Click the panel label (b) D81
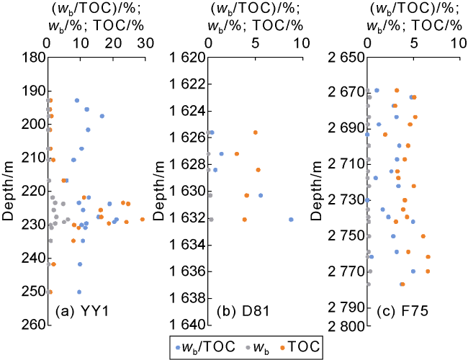tap(246, 312)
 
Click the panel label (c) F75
tap(405, 312)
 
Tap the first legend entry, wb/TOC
tap(206, 347)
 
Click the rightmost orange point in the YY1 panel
tap(143, 219)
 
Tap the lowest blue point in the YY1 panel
tap(79, 292)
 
